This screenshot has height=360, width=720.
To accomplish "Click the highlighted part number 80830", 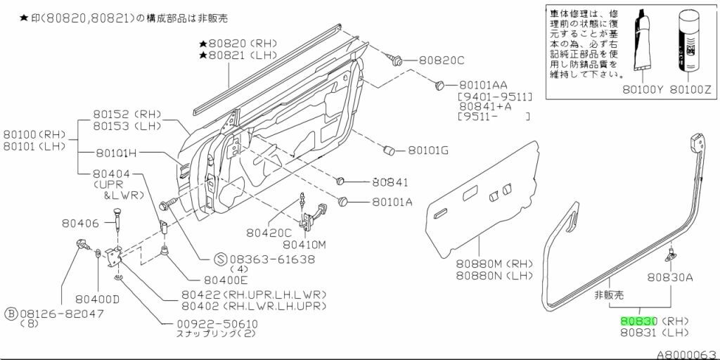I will click(638, 321).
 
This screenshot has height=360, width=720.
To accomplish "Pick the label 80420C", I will click(269, 232).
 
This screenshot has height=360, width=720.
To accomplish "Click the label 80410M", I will click(305, 245).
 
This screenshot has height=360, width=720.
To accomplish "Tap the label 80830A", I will click(670, 277).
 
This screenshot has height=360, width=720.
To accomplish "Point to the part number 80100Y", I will click(642, 89).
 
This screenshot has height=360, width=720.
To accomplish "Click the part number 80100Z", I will click(691, 89).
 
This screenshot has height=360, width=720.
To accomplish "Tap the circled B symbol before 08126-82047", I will click(11, 312).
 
